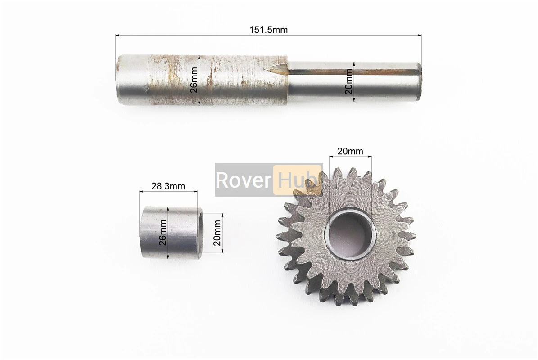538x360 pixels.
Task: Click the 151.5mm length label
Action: tap(268, 30)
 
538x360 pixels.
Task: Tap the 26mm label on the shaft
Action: tap(194, 80)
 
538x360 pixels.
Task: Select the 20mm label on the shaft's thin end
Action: tap(349, 81)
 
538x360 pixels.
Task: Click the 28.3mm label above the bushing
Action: tap(168, 186)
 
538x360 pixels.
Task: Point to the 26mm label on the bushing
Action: tap(163, 233)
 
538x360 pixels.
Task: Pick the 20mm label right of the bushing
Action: tap(217, 233)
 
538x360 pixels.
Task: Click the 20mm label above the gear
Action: tap(350, 151)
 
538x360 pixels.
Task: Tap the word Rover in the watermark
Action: tap(244, 180)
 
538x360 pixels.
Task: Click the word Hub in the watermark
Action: tap(297, 180)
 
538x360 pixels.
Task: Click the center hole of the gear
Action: tap(350, 234)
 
